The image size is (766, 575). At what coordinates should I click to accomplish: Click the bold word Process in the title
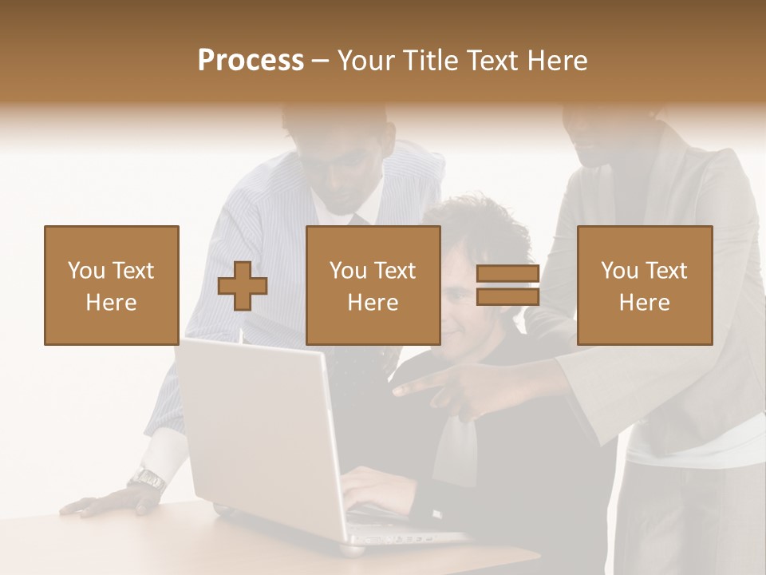pyautogui.click(x=251, y=61)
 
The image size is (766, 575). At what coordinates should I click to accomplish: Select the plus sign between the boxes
pyautogui.click(x=243, y=286)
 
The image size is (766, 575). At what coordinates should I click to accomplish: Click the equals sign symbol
pyautogui.click(x=507, y=286)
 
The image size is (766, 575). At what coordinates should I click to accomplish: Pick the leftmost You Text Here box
pyautogui.click(x=111, y=285)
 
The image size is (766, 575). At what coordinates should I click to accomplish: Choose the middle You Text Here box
pyautogui.click(x=373, y=285)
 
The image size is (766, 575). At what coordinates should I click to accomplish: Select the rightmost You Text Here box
pyautogui.click(x=644, y=285)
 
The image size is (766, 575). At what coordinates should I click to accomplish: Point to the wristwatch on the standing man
pyautogui.click(x=147, y=478)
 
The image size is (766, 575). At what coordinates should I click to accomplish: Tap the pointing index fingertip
pyautogui.click(x=397, y=391)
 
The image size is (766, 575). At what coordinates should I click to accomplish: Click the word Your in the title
pyautogui.click(x=364, y=61)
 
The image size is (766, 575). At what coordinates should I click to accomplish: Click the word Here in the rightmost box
pyautogui.click(x=644, y=303)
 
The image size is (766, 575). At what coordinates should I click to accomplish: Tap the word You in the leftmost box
pyautogui.click(x=86, y=271)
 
